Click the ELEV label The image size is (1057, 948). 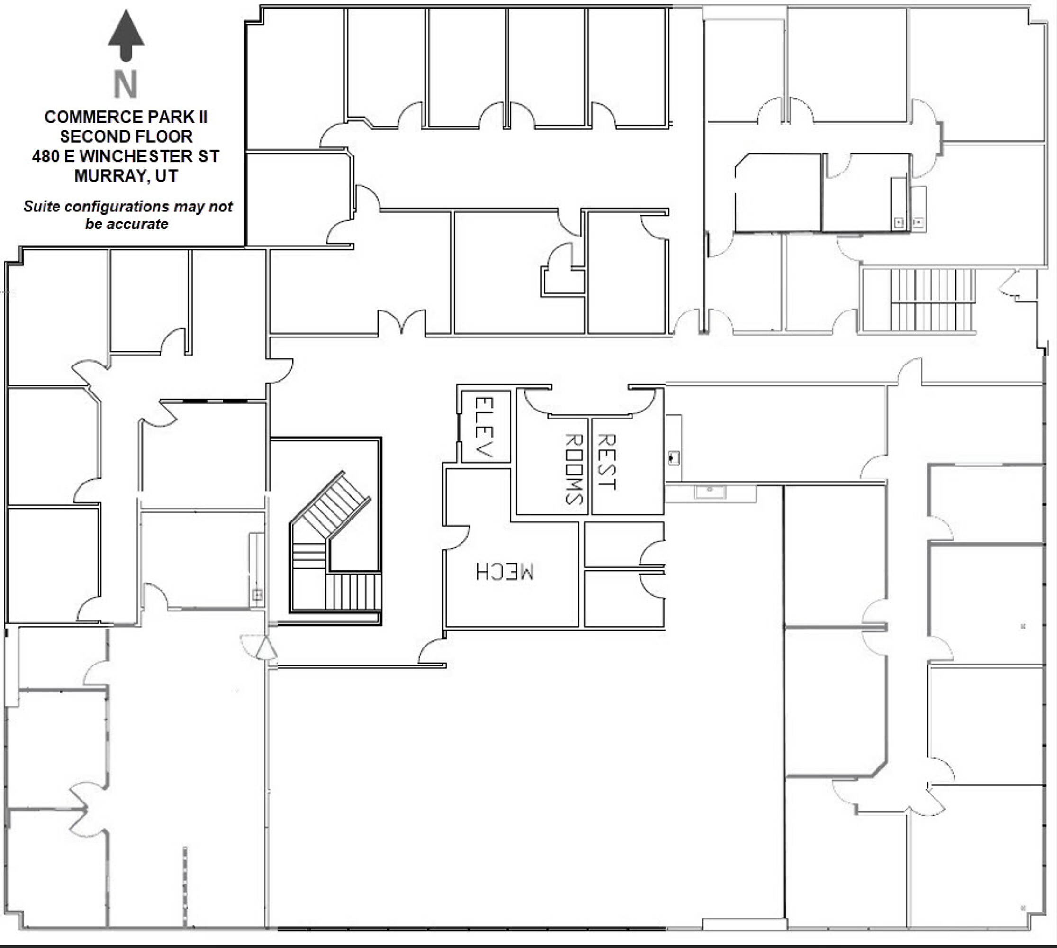pyautogui.click(x=484, y=427)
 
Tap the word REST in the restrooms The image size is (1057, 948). pyautogui.click(x=606, y=462)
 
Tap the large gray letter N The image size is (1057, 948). pyautogui.click(x=126, y=84)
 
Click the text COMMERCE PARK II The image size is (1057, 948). pyautogui.click(x=126, y=117)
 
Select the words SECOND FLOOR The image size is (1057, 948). pyautogui.click(x=126, y=137)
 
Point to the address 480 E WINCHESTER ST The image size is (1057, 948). pyautogui.click(x=126, y=156)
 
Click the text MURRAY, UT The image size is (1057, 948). pyautogui.click(x=126, y=176)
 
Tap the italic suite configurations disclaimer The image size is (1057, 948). pyautogui.click(x=127, y=215)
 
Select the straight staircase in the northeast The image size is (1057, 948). pyautogui.click(x=932, y=300)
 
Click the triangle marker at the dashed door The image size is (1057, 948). pyautogui.click(x=266, y=648)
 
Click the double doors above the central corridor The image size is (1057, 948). pyautogui.click(x=401, y=322)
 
